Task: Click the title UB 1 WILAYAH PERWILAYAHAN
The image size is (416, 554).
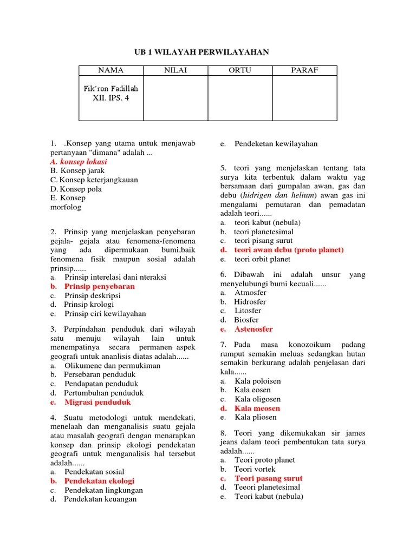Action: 201,51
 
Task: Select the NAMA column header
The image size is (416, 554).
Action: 110,70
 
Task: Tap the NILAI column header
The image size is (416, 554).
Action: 175,70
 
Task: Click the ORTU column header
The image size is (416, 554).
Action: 239,70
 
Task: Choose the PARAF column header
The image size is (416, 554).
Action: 304,70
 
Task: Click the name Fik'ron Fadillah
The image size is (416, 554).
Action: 111,88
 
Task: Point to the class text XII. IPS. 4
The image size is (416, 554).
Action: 111,98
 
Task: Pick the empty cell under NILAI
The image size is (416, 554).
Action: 175,97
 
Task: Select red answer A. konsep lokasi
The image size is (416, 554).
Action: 79,161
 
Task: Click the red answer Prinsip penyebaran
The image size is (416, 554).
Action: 99,286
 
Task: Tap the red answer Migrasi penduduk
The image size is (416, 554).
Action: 97,402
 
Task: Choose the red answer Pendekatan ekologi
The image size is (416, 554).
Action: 99,480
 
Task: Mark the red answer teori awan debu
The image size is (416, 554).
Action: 289,250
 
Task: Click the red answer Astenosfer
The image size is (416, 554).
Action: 253,329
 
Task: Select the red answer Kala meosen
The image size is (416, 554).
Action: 257,408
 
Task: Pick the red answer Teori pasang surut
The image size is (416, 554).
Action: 268,478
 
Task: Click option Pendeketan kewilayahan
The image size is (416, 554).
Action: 276,143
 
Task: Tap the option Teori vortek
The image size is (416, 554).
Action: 255,469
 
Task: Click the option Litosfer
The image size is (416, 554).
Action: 248,311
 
